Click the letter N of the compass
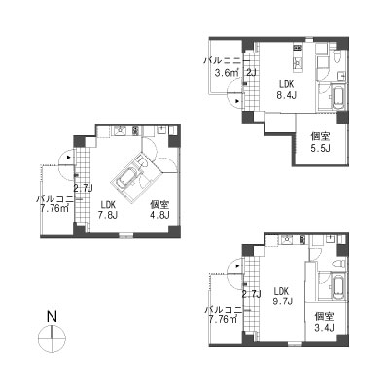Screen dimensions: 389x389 52,316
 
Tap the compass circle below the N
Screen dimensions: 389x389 39,339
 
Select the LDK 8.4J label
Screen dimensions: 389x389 287,89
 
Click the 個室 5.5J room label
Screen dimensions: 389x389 320,142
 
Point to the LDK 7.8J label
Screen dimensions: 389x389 109,210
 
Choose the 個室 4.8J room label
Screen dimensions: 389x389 159,210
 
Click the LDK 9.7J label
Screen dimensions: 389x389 281,296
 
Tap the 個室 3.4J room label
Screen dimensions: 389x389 324,322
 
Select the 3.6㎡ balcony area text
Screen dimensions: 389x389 227,73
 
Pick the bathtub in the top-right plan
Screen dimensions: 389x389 338,96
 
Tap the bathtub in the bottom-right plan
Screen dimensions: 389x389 338,287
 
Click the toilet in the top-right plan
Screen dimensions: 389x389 337,57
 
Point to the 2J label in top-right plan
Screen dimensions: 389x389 251,72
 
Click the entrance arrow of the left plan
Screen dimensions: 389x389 68,158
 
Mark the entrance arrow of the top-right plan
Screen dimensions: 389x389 238,101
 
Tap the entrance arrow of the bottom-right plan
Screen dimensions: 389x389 238,266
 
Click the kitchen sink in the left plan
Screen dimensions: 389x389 120,130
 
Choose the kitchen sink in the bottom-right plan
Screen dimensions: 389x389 288,240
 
